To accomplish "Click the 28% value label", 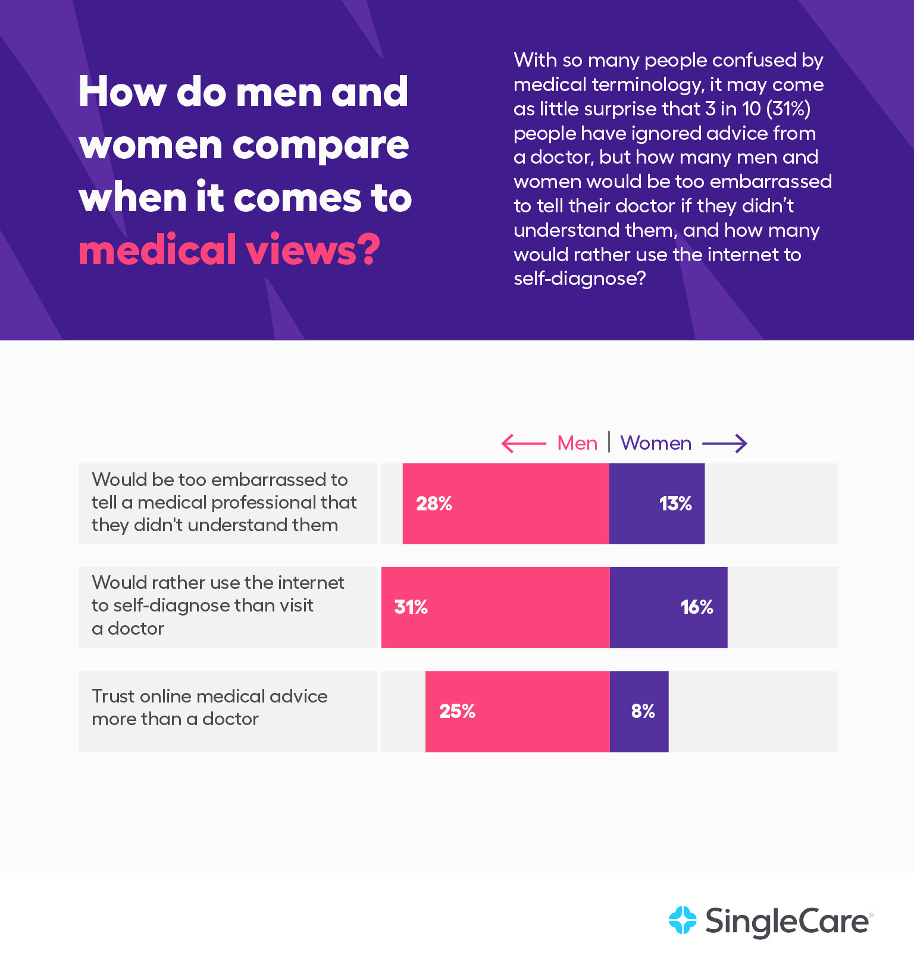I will click(x=434, y=504).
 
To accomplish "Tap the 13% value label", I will click(x=675, y=504).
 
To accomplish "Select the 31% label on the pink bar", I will click(x=411, y=607).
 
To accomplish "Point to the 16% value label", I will click(x=696, y=607).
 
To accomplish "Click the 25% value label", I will click(x=457, y=711).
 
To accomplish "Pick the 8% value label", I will click(x=643, y=711).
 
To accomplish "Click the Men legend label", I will click(x=577, y=443).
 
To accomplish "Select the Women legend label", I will click(x=656, y=443).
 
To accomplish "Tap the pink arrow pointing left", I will click(x=524, y=443).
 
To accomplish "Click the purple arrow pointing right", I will click(x=724, y=443).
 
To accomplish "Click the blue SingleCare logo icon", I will click(x=683, y=920).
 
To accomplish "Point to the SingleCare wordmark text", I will click(x=787, y=921).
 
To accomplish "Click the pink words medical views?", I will click(x=229, y=250).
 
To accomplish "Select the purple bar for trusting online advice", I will click(x=639, y=732).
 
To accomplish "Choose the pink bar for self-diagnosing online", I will click(x=495, y=628).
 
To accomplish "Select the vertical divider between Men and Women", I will click(x=609, y=442).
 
